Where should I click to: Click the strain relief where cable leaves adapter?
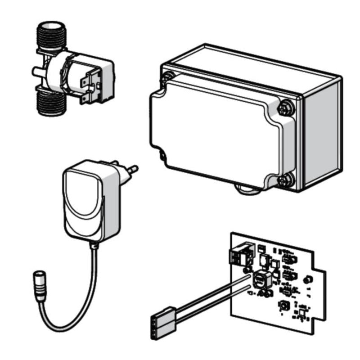point(94,245)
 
